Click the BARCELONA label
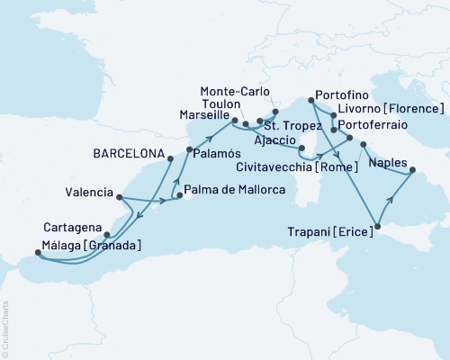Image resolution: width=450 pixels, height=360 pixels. [x=125, y=154]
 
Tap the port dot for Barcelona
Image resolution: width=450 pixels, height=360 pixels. [x=169, y=159]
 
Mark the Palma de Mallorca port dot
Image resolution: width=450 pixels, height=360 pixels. [x=180, y=195]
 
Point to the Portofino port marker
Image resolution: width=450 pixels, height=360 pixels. [x=310, y=102]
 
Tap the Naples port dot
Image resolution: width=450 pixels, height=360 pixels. [x=412, y=169]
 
